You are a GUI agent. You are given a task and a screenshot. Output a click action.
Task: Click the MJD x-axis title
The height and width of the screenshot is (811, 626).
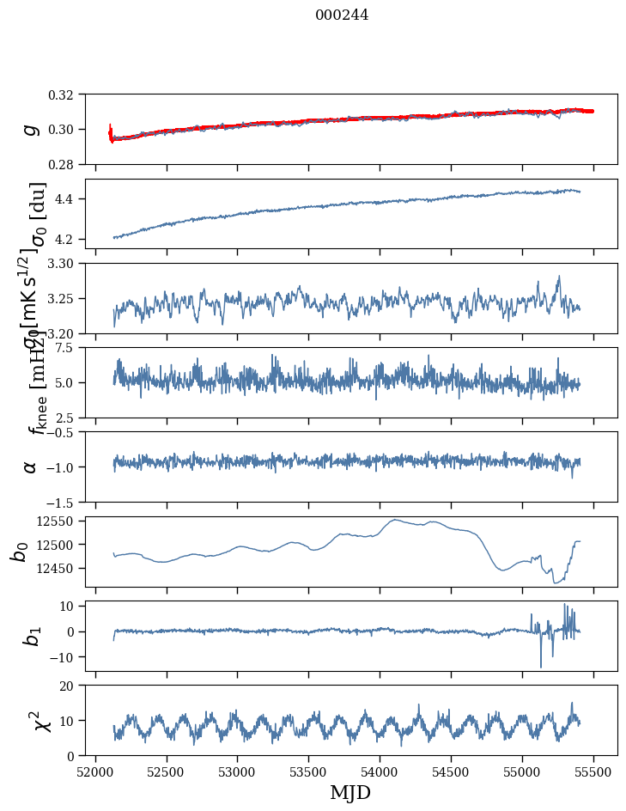point(350,792)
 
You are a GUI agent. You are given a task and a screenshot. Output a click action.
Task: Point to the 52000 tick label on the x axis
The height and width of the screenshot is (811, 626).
point(95,770)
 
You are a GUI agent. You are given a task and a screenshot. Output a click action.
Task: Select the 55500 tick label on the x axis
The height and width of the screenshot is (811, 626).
point(594,770)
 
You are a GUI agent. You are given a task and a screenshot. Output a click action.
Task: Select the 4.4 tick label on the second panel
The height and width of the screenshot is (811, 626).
point(71,199)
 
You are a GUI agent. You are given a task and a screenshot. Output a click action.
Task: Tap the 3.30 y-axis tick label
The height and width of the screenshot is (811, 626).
point(66,263)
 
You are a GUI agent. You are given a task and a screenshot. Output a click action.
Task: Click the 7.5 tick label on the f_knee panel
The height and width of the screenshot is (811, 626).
point(71,347)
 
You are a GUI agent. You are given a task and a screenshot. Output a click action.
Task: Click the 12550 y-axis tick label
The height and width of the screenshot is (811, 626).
point(61,521)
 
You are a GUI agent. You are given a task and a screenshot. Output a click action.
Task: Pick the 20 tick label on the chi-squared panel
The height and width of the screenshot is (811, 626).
point(72,686)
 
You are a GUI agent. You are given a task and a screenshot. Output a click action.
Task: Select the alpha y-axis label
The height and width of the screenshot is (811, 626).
point(31,466)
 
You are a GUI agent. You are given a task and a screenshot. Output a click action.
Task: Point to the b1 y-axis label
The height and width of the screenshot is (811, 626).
point(31,636)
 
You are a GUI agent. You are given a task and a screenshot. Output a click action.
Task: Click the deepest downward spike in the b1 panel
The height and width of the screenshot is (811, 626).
point(541,667)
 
